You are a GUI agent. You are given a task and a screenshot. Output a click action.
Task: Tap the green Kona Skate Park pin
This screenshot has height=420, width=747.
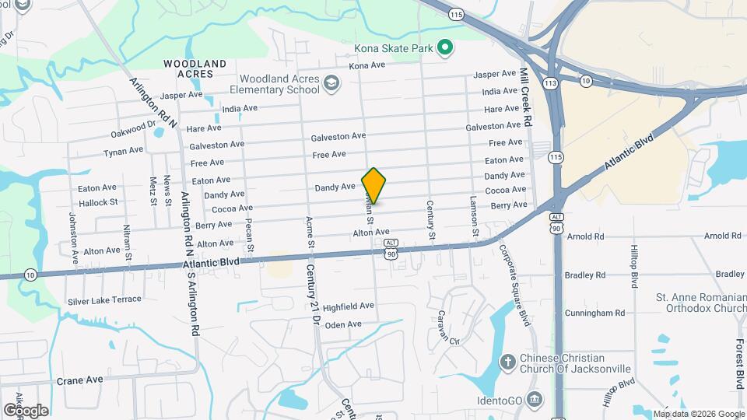[444, 48]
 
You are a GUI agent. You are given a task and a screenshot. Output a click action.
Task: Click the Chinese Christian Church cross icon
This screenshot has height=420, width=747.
[507, 362]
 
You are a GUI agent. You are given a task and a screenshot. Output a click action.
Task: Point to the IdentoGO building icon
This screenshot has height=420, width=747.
[535, 400]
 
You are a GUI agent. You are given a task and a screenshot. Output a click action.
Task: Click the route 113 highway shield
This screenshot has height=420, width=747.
[552, 82]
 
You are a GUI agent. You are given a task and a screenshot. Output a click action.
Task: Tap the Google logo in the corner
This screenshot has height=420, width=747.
[26, 410]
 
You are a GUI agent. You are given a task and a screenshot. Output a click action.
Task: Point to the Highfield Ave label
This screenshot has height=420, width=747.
[349, 306]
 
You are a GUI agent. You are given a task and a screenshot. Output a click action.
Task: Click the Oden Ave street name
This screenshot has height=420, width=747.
[343, 324]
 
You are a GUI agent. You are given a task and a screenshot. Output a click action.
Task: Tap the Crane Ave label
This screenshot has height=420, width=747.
[79, 380]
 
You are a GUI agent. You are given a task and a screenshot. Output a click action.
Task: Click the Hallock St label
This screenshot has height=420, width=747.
[98, 201]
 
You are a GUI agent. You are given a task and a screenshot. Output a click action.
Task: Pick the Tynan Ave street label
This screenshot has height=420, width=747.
[123, 151]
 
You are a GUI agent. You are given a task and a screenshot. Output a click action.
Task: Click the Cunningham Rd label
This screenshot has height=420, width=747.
[597, 313]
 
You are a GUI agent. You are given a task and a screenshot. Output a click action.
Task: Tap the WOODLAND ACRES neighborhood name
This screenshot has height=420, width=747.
[195, 68]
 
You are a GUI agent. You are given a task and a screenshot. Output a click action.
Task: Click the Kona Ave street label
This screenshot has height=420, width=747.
[367, 65]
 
